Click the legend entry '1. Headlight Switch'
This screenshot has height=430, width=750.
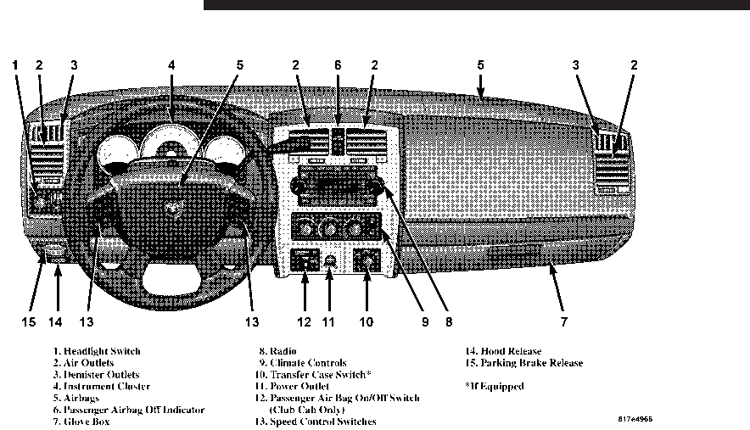pyautogui.click(x=97, y=351)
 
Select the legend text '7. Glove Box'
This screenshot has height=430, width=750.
pyautogui.click(x=82, y=422)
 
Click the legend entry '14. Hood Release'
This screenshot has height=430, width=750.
pyautogui.click(x=502, y=351)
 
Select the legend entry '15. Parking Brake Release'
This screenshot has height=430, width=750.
pyautogui.click(x=523, y=363)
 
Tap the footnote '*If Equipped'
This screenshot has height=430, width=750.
pyautogui.click(x=495, y=387)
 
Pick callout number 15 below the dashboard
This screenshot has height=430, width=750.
pyautogui.click(x=30, y=321)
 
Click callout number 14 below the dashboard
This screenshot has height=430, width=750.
pyautogui.click(x=56, y=321)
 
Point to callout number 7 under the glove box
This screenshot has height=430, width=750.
pyautogui.click(x=563, y=321)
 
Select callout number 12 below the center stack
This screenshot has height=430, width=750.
pyautogui.click(x=305, y=321)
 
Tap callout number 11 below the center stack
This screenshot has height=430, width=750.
pyautogui.click(x=329, y=321)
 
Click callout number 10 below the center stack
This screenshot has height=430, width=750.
pyautogui.click(x=367, y=321)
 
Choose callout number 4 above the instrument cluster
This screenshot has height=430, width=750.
pyautogui.click(x=171, y=64)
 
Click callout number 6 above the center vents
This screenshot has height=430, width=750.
pyautogui.click(x=337, y=64)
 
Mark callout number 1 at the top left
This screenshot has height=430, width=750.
pyautogui.click(x=15, y=64)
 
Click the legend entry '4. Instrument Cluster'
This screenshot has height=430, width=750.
pyautogui.click(x=102, y=387)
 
